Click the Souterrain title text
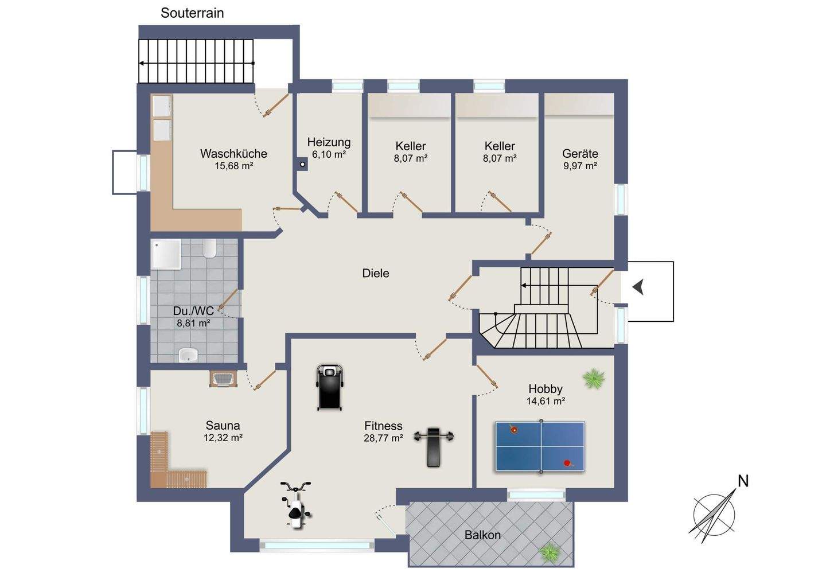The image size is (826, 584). tap(192, 13)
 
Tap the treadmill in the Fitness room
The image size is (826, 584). tap(329, 387)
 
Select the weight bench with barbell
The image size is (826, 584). tap(433, 447)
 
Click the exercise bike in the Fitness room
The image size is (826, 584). tap(296, 505)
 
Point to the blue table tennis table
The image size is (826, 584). tap(540, 446)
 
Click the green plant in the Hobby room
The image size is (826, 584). tap(593, 378)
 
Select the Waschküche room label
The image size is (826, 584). tap(234, 153)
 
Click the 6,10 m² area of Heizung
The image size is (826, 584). tap(329, 154)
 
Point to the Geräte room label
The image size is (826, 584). tap(580, 153)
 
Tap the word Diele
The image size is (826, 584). tap(376, 273)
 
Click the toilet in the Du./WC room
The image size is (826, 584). tap(209, 248)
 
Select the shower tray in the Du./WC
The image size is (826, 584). tap(166, 254)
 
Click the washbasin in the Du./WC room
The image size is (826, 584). tap(188, 356)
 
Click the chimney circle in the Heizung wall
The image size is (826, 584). tap(302, 165)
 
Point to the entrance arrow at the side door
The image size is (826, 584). tap(638, 287)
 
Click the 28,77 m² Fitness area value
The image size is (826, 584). tap(383, 438)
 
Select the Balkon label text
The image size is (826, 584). tap(482, 535)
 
